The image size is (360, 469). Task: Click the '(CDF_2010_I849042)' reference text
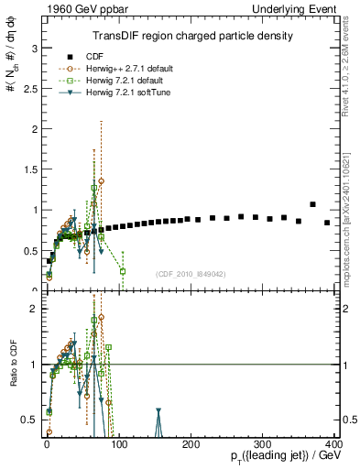point(191,274)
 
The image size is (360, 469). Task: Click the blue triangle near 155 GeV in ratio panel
point(158,412)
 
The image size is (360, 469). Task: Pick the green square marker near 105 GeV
point(122,271)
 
